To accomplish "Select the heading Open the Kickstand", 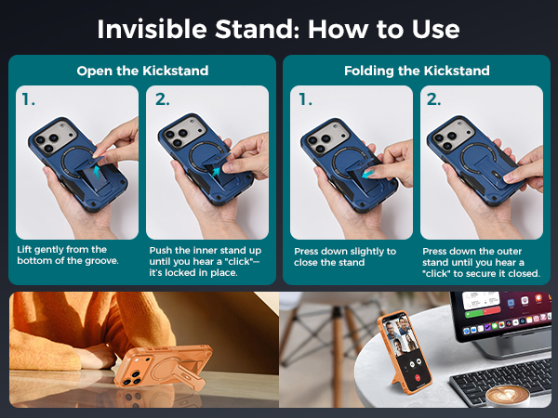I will (142, 71).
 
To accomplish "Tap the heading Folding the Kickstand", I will (416, 71).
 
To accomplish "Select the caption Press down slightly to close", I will (345, 256).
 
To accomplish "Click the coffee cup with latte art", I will (511, 398).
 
